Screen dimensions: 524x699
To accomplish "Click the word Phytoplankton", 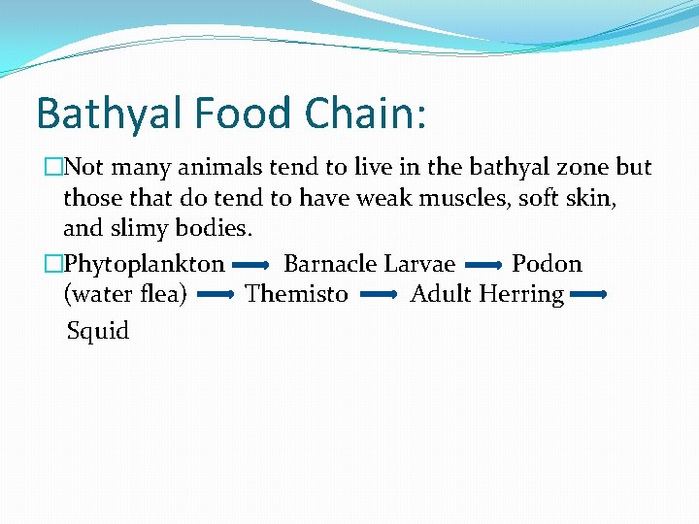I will [144, 264].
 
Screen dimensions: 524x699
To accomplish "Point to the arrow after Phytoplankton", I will [251, 264].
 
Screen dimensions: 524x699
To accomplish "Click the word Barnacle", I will [330, 264].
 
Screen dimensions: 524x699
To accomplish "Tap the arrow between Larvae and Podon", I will [483, 264].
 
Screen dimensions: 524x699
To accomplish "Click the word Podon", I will [547, 264].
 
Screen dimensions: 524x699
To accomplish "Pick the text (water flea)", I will [124, 294].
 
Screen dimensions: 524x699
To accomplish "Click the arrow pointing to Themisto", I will [216, 294].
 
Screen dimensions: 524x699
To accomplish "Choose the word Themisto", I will [296, 294].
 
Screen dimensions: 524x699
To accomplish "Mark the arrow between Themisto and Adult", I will [379, 294].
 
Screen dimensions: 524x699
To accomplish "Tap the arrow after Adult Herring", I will [588, 294].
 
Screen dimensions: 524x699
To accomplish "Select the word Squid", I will [98, 332].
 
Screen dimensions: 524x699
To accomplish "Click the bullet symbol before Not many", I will [54, 168].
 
